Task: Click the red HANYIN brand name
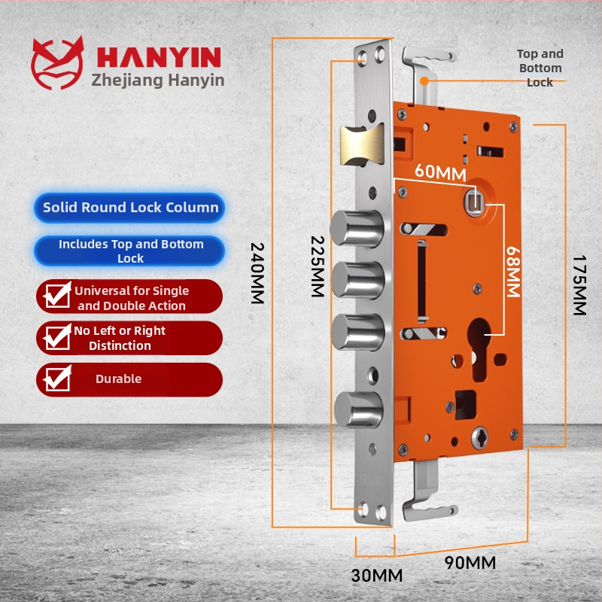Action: coord(158,57)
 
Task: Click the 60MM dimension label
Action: coord(440,173)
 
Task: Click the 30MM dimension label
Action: coord(376,576)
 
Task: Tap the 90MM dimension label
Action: coord(470,562)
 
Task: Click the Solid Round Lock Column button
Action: coord(130,208)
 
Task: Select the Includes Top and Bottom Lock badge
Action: coord(130,251)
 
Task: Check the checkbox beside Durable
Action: coord(58,379)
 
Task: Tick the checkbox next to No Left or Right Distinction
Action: coord(58,337)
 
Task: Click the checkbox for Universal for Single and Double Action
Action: coord(58,296)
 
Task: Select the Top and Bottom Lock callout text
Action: coord(540,68)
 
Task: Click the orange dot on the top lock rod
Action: coord(425,80)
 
